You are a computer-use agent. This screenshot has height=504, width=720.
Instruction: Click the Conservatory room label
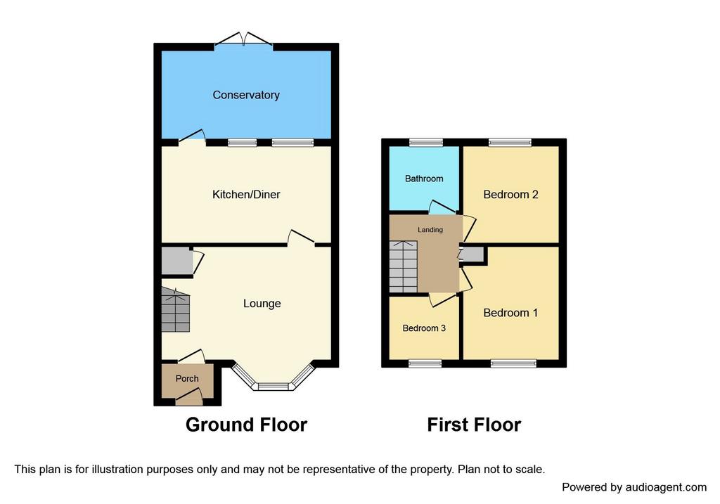pyautogui.click(x=246, y=95)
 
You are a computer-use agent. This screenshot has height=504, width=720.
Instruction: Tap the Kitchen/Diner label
pyautogui.click(x=246, y=195)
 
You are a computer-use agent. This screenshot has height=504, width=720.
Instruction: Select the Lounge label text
pyautogui.click(x=262, y=304)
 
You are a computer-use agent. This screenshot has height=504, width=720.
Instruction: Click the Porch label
pyautogui.click(x=187, y=379)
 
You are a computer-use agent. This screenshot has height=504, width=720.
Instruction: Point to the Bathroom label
pyautogui.click(x=424, y=179)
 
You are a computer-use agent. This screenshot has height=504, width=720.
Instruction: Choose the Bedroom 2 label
pyautogui.click(x=510, y=195)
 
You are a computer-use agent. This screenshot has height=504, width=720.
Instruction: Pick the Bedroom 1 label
pyautogui.click(x=510, y=313)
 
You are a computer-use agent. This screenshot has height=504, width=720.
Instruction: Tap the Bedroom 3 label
pyautogui.click(x=424, y=328)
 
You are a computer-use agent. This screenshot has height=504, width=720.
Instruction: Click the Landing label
pyautogui.click(x=430, y=230)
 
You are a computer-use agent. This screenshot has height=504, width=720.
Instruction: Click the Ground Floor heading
pyautogui.click(x=246, y=425)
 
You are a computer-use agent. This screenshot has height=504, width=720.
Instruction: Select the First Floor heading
pyautogui.click(x=474, y=425)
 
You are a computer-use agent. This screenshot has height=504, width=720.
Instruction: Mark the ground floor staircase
pyautogui.click(x=175, y=310)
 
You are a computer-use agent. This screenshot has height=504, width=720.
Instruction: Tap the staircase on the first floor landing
pyautogui.click(x=403, y=266)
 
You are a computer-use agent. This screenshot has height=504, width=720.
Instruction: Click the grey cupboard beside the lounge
pyautogui.click(x=177, y=261)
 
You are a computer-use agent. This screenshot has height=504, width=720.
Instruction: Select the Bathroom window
pyautogui.click(x=426, y=142)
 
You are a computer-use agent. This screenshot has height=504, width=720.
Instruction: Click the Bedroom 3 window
pyautogui.click(x=425, y=363)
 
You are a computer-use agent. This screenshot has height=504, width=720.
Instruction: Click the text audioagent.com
pyautogui.click(x=658, y=487)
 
